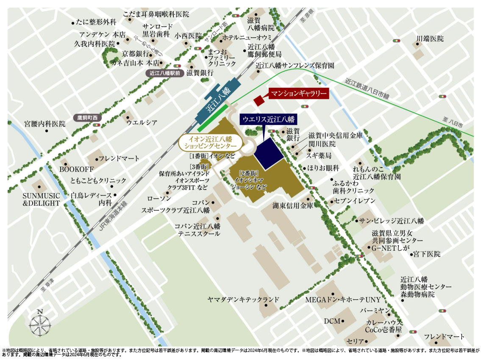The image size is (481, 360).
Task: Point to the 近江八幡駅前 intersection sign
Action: click(x=165, y=73)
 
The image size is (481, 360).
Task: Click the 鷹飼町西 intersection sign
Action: click(x=87, y=117)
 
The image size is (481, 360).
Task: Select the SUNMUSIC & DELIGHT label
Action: click(x=42, y=199)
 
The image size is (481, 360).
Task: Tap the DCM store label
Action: click(x=332, y=321)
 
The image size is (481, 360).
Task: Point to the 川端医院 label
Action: click(x=430, y=39)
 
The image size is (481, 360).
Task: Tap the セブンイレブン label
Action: click(x=355, y=200)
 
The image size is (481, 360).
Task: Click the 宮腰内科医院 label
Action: click(x=45, y=124)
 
